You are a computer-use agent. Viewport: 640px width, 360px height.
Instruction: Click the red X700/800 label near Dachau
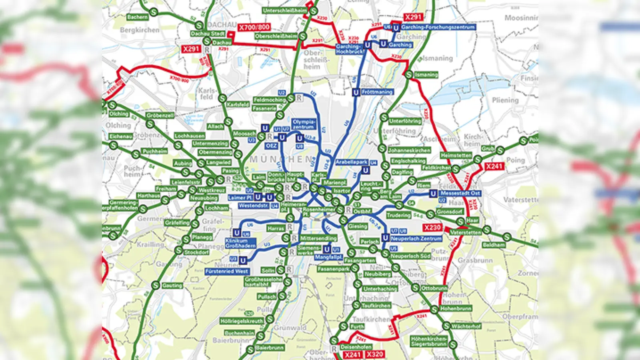pyautogui.click(x=254, y=27)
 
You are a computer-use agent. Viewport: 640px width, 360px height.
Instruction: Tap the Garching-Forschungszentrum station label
pyautogui.click(x=438, y=27)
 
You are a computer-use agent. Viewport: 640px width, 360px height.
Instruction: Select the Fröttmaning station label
pyautogui.click(x=377, y=92)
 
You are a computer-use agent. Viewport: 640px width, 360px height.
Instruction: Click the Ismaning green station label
pyautogui.click(x=426, y=75)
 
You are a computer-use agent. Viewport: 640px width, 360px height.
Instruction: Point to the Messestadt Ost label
pyautogui.click(x=460, y=193)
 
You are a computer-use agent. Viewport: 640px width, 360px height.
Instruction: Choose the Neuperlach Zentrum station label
pyautogui.click(x=416, y=238)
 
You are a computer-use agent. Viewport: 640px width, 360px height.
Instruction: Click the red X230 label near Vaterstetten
pyautogui.click(x=432, y=228)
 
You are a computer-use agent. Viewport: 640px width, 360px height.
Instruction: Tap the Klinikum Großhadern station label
pyautogui.click(x=240, y=243)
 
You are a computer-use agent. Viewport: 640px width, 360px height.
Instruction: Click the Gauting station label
pyautogui.click(x=172, y=286)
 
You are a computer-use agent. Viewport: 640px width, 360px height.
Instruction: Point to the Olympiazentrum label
pyautogui.click(x=304, y=124)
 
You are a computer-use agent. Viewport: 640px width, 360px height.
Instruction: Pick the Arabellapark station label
pyautogui.click(x=352, y=162)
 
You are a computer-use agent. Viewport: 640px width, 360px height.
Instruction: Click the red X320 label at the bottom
pyautogui.click(x=375, y=354)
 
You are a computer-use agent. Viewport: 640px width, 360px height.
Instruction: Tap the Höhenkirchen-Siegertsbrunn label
pyautogui.click(x=429, y=341)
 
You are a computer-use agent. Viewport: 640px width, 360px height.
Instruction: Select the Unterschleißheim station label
pyautogui.click(x=285, y=10)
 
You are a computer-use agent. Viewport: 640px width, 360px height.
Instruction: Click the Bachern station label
pyautogui.click(x=137, y=17)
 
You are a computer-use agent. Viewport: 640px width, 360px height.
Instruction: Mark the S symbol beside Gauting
pyautogui.click(x=156, y=285)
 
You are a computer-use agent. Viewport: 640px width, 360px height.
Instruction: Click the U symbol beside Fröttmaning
pyautogui.click(x=356, y=92)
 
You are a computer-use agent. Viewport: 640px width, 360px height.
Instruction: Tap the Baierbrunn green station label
pyautogui.click(x=270, y=348)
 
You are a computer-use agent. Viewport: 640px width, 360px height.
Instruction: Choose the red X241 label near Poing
pyautogui.click(x=494, y=166)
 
